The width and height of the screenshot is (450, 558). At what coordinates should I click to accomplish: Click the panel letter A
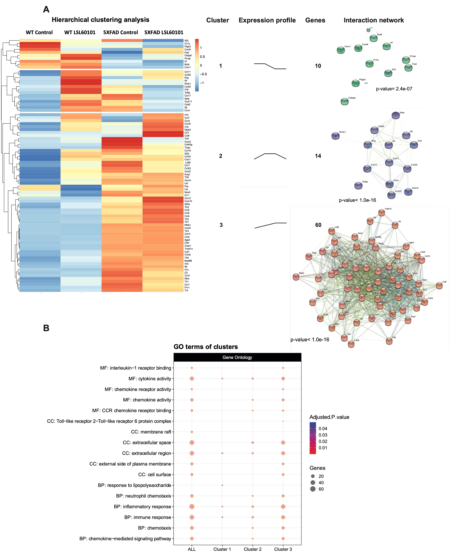(x=46, y=10)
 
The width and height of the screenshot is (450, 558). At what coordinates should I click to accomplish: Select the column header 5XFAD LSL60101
(x=164, y=32)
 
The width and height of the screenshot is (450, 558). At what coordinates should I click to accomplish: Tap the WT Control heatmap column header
(x=39, y=32)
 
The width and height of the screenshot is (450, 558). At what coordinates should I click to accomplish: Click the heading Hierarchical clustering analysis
(x=100, y=20)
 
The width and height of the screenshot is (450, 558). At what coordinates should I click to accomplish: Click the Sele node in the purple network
(x=395, y=116)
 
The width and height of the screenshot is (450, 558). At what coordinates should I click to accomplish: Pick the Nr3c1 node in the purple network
(x=335, y=136)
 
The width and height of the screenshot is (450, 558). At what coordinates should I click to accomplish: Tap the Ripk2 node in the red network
(x=296, y=277)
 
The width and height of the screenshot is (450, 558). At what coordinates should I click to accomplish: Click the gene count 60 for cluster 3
(x=318, y=225)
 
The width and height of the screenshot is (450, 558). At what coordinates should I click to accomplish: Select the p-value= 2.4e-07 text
(x=394, y=89)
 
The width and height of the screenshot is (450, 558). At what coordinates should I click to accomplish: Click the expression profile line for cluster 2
(x=270, y=156)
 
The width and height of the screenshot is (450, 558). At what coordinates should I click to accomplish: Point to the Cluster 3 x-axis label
(x=283, y=549)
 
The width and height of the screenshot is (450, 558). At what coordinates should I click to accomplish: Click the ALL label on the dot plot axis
(x=192, y=549)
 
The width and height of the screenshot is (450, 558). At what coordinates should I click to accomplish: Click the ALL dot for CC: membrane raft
(x=192, y=432)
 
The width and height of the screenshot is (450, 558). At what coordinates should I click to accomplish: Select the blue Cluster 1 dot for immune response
(x=222, y=517)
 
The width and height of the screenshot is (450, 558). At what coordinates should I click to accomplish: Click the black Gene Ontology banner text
(x=237, y=357)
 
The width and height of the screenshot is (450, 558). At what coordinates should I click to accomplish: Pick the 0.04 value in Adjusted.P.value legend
(x=323, y=428)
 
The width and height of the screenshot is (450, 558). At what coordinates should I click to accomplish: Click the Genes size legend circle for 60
(x=313, y=489)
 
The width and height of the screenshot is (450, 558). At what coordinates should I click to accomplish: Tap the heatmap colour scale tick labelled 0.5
(x=202, y=57)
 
